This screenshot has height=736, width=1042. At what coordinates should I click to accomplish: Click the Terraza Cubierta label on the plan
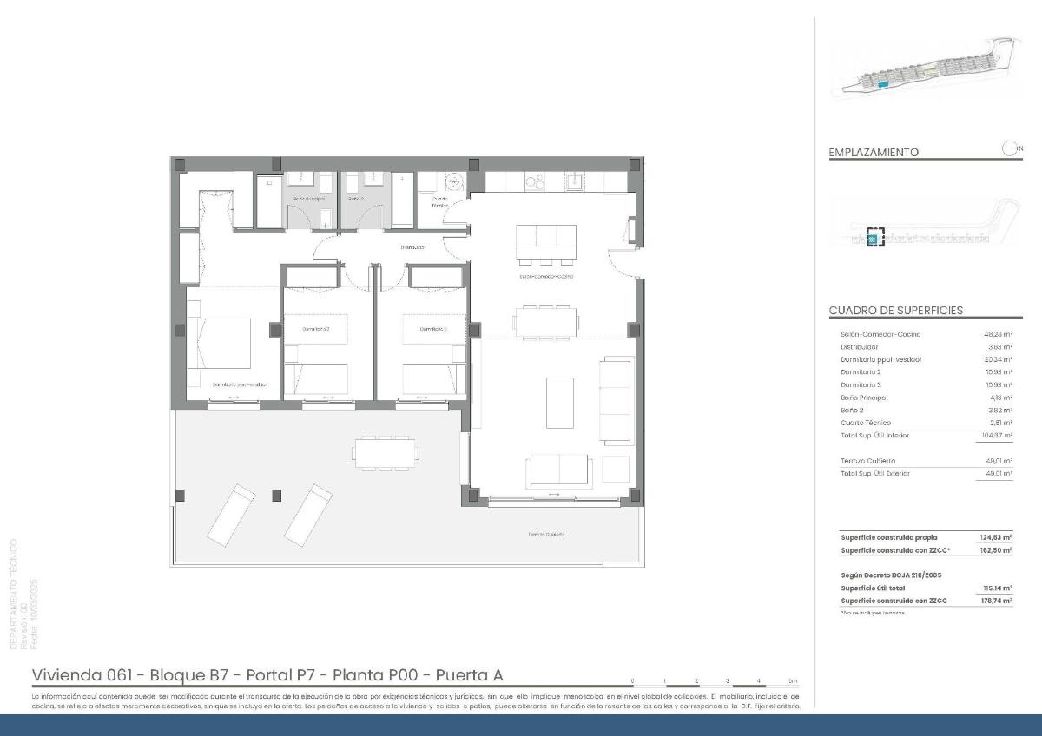546,534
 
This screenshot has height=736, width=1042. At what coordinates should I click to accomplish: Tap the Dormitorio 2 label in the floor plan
315,329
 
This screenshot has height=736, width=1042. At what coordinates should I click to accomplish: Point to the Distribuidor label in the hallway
413,247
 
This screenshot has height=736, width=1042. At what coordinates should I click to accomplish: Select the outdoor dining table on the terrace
386,451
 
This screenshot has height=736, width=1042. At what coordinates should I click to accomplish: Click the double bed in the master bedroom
220,345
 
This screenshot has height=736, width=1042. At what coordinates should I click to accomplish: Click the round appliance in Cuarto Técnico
453,182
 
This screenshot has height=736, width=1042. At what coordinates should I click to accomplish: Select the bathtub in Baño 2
403,199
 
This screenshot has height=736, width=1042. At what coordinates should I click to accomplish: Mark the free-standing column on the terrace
277,495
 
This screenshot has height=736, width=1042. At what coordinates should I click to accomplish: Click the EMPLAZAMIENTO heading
874,152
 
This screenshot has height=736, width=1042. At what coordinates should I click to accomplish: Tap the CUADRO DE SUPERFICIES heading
895,311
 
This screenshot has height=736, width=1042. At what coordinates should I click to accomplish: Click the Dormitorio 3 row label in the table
861,384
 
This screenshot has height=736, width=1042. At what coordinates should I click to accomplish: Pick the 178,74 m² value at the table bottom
996,601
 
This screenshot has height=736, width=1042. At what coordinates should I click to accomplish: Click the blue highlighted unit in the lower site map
874,237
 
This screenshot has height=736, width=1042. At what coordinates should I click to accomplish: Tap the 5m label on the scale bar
792,680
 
